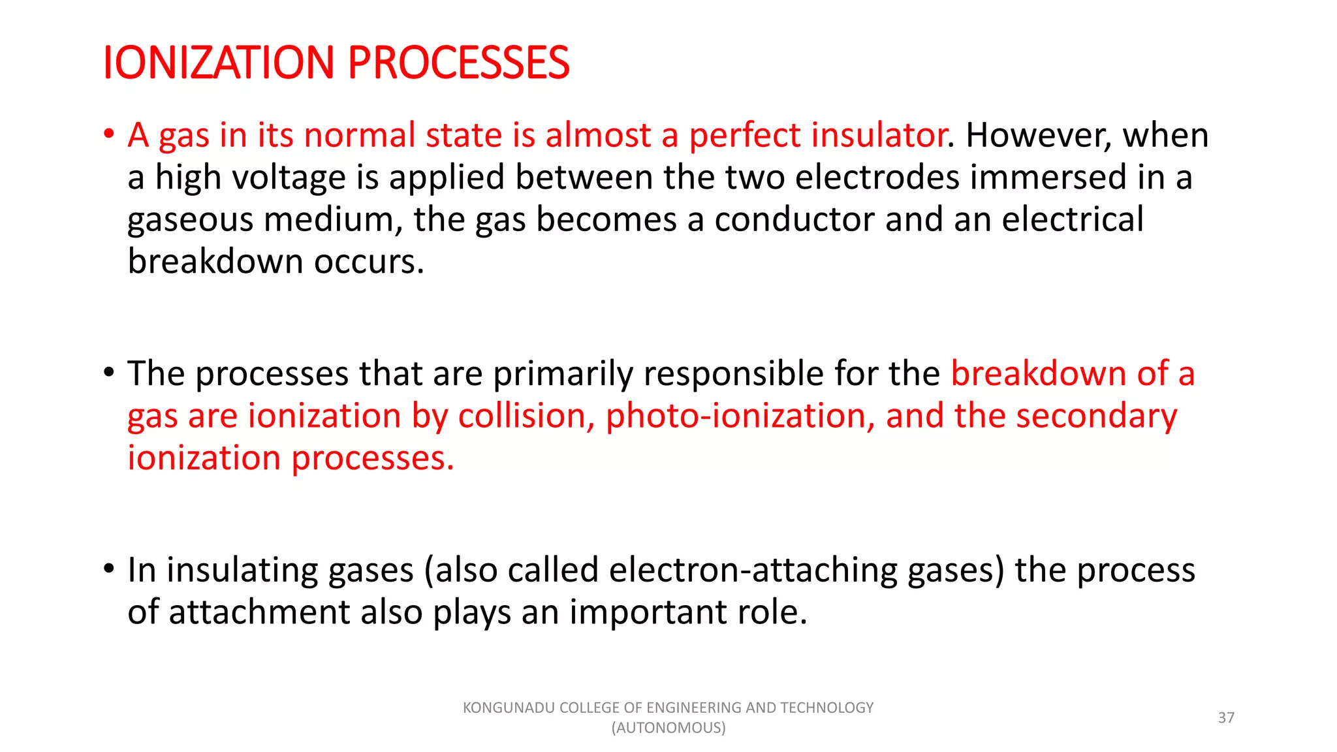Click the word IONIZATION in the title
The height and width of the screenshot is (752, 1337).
[x=219, y=63]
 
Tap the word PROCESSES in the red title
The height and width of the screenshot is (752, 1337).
[x=458, y=63]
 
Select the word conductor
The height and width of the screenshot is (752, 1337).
[x=794, y=219]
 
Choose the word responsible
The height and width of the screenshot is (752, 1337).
[x=734, y=374]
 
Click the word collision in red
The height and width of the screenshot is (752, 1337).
[x=526, y=416]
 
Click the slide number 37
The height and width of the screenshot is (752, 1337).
[x=1226, y=717]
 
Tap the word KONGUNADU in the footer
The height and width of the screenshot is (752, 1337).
[x=509, y=708]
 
